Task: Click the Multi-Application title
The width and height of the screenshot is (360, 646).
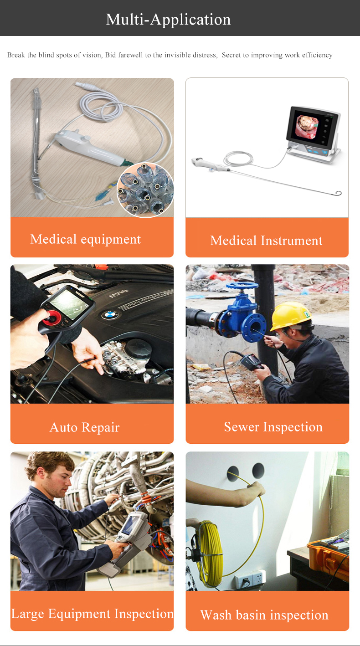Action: [x=168, y=20]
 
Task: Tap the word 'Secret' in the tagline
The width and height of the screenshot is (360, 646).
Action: [x=231, y=55]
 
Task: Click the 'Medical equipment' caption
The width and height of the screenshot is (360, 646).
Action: [x=85, y=239]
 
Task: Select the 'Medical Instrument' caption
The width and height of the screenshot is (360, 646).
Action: [x=266, y=241]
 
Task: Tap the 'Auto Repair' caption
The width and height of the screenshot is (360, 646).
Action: [x=84, y=427]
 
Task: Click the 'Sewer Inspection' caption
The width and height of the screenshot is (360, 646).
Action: [x=273, y=427]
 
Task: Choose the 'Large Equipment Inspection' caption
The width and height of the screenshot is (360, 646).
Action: [x=92, y=613]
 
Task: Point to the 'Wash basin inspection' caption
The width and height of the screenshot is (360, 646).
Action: [x=264, y=615]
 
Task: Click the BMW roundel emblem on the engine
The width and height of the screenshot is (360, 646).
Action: [x=110, y=315]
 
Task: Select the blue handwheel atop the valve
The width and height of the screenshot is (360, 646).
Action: [x=242, y=286]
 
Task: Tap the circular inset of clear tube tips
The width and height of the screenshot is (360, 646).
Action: [x=146, y=190]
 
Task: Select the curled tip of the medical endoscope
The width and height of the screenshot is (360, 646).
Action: [x=338, y=193]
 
